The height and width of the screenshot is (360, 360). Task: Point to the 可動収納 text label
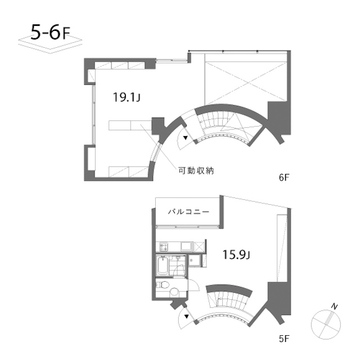pos(199,170)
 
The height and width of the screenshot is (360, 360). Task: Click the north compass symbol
pos(325,322)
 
